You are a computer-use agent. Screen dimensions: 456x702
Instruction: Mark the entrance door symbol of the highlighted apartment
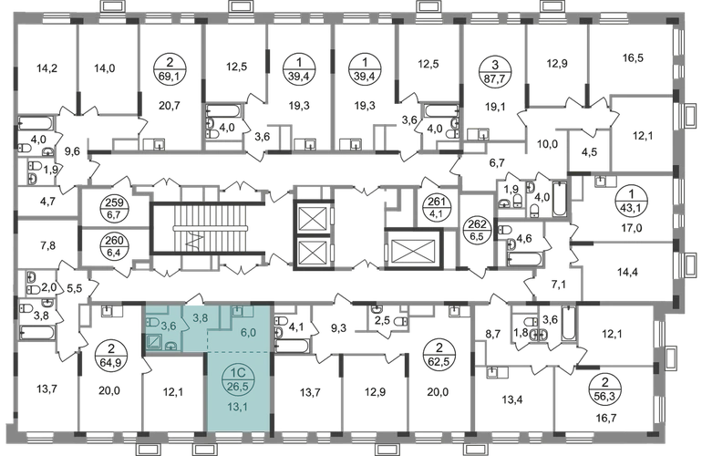click(198, 296)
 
